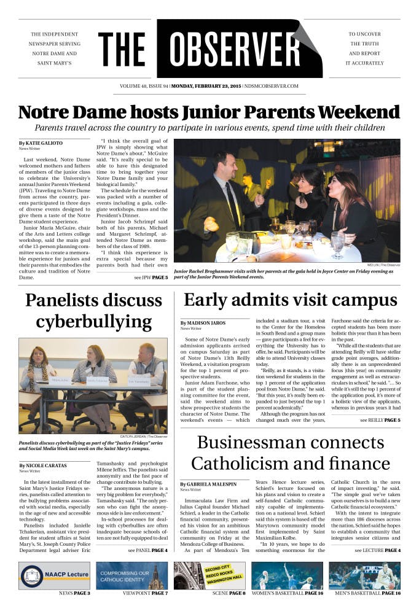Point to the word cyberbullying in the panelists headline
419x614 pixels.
click(93, 322)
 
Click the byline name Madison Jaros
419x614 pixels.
click(203, 323)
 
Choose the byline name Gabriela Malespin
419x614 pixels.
click(209, 484)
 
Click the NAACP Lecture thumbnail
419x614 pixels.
click(55, 576)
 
